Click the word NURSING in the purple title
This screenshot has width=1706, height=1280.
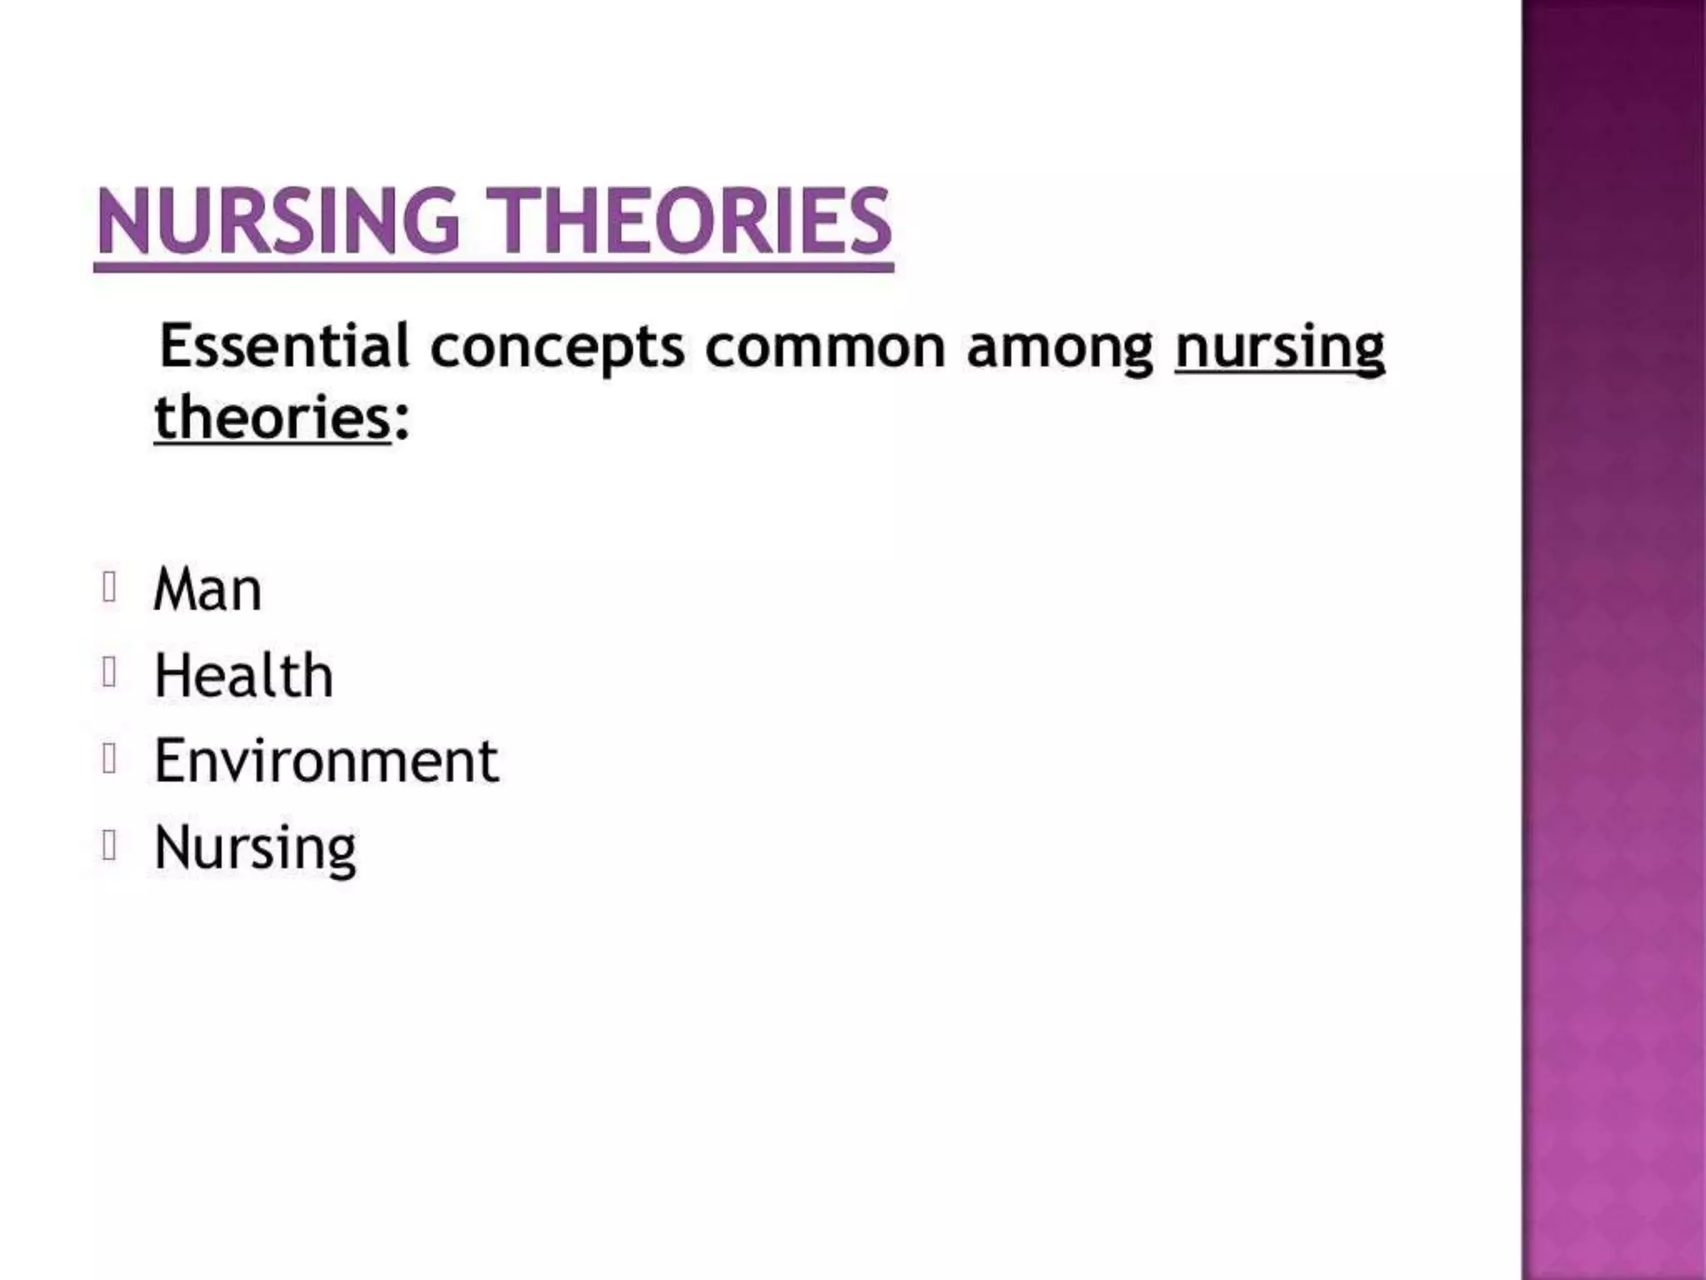click(x=277, y=221)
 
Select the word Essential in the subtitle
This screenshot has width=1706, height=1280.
click(x=284, y=346)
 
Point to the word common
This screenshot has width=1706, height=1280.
click(x=825, y=347)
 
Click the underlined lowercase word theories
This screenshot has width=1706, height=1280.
click(x=272, y=417)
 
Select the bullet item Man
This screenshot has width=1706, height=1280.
click(x=207, y=589)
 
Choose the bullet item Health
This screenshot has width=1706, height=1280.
click(x=243, y=675)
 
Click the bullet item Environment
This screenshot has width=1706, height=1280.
click(x=326, y=761)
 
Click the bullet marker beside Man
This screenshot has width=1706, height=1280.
click(x=108, y=587)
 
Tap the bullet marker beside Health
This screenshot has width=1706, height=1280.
click(x=108, y=672)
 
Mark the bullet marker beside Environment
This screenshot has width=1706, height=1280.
click(x=108, y=758)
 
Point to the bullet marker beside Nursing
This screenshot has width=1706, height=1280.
click(x=108, y=845)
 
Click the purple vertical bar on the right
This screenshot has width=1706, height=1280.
click(x=1613, y=640)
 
